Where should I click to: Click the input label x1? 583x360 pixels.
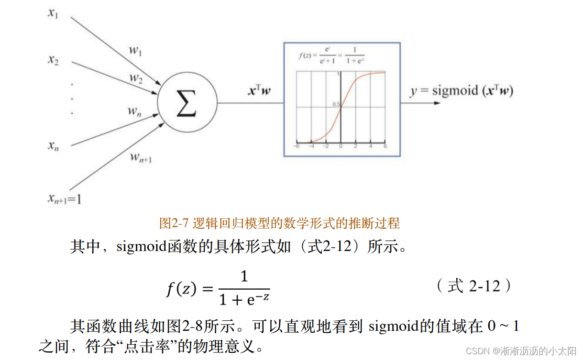(x=53, y=13)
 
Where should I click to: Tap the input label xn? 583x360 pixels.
(x=53, y=146)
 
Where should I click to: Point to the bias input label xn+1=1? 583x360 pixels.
(x=64, y=198)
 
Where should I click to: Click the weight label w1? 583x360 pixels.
(x=135, y=51)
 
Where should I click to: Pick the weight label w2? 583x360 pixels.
(x=136, y=77)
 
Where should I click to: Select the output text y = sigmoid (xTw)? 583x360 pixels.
(x=461, y=90)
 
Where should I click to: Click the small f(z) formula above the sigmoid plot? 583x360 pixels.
(x=331, y=55)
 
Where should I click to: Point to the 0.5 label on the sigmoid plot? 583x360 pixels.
(x=336, y=105)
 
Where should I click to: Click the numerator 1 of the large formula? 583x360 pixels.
(x=244, y=276)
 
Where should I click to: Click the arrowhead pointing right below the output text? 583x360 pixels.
(x=436, y=103)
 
